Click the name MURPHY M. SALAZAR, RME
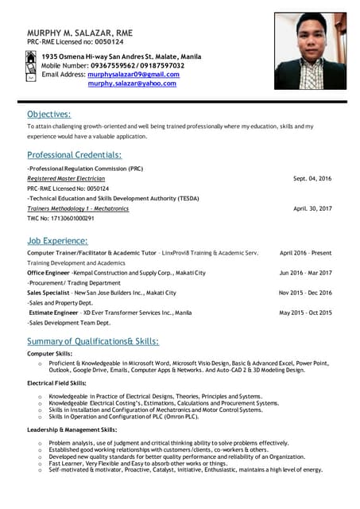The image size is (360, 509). tap(80, 33)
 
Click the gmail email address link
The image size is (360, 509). tap(134, 74)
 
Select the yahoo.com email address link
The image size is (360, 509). tap(132, 84)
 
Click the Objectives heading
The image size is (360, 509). tap(48, 115)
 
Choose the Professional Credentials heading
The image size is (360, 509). tap(74, 155)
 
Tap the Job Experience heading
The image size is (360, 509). tap(57, 241)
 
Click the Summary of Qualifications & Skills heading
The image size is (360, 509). tap(93, 341)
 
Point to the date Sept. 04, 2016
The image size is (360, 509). tap(312, 179)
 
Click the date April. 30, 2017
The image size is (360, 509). tap(312, 208)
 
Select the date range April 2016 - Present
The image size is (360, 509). tap(306, 253)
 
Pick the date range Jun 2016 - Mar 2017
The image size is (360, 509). tap(306, 273)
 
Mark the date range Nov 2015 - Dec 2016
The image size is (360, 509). tap(306, 293)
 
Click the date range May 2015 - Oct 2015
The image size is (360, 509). tap(306, 313)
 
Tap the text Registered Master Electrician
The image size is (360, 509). tap(66, 179)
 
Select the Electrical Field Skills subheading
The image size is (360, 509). tap(56, 383)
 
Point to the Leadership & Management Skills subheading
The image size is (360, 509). tap(72, 429)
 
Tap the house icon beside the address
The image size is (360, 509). tap(31, 57)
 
